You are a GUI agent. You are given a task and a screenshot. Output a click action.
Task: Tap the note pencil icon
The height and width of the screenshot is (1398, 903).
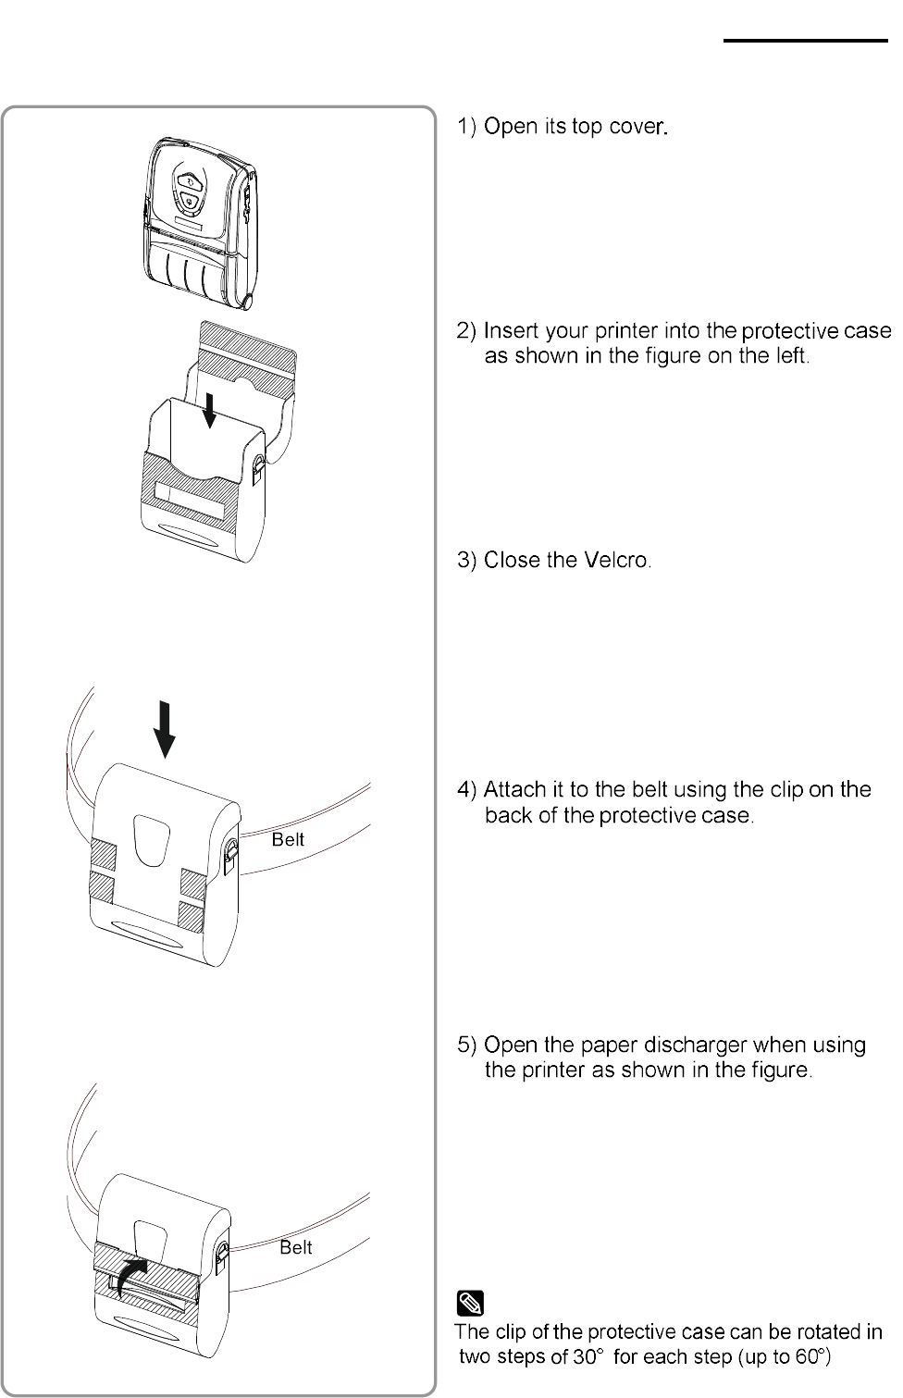tap(471, 1305)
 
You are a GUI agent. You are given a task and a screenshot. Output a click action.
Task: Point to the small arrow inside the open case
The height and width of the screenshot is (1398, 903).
tap(210, 410)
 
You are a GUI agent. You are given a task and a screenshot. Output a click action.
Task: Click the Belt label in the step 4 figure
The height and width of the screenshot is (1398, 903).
tap(288, 839)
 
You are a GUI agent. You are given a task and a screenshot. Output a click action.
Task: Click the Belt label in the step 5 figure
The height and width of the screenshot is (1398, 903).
tap(296, 1247)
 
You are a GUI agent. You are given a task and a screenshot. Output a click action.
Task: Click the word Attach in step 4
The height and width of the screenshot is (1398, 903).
tap(514, 790)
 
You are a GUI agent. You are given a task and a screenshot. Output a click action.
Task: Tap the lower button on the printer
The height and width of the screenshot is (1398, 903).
tap(190, 202)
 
